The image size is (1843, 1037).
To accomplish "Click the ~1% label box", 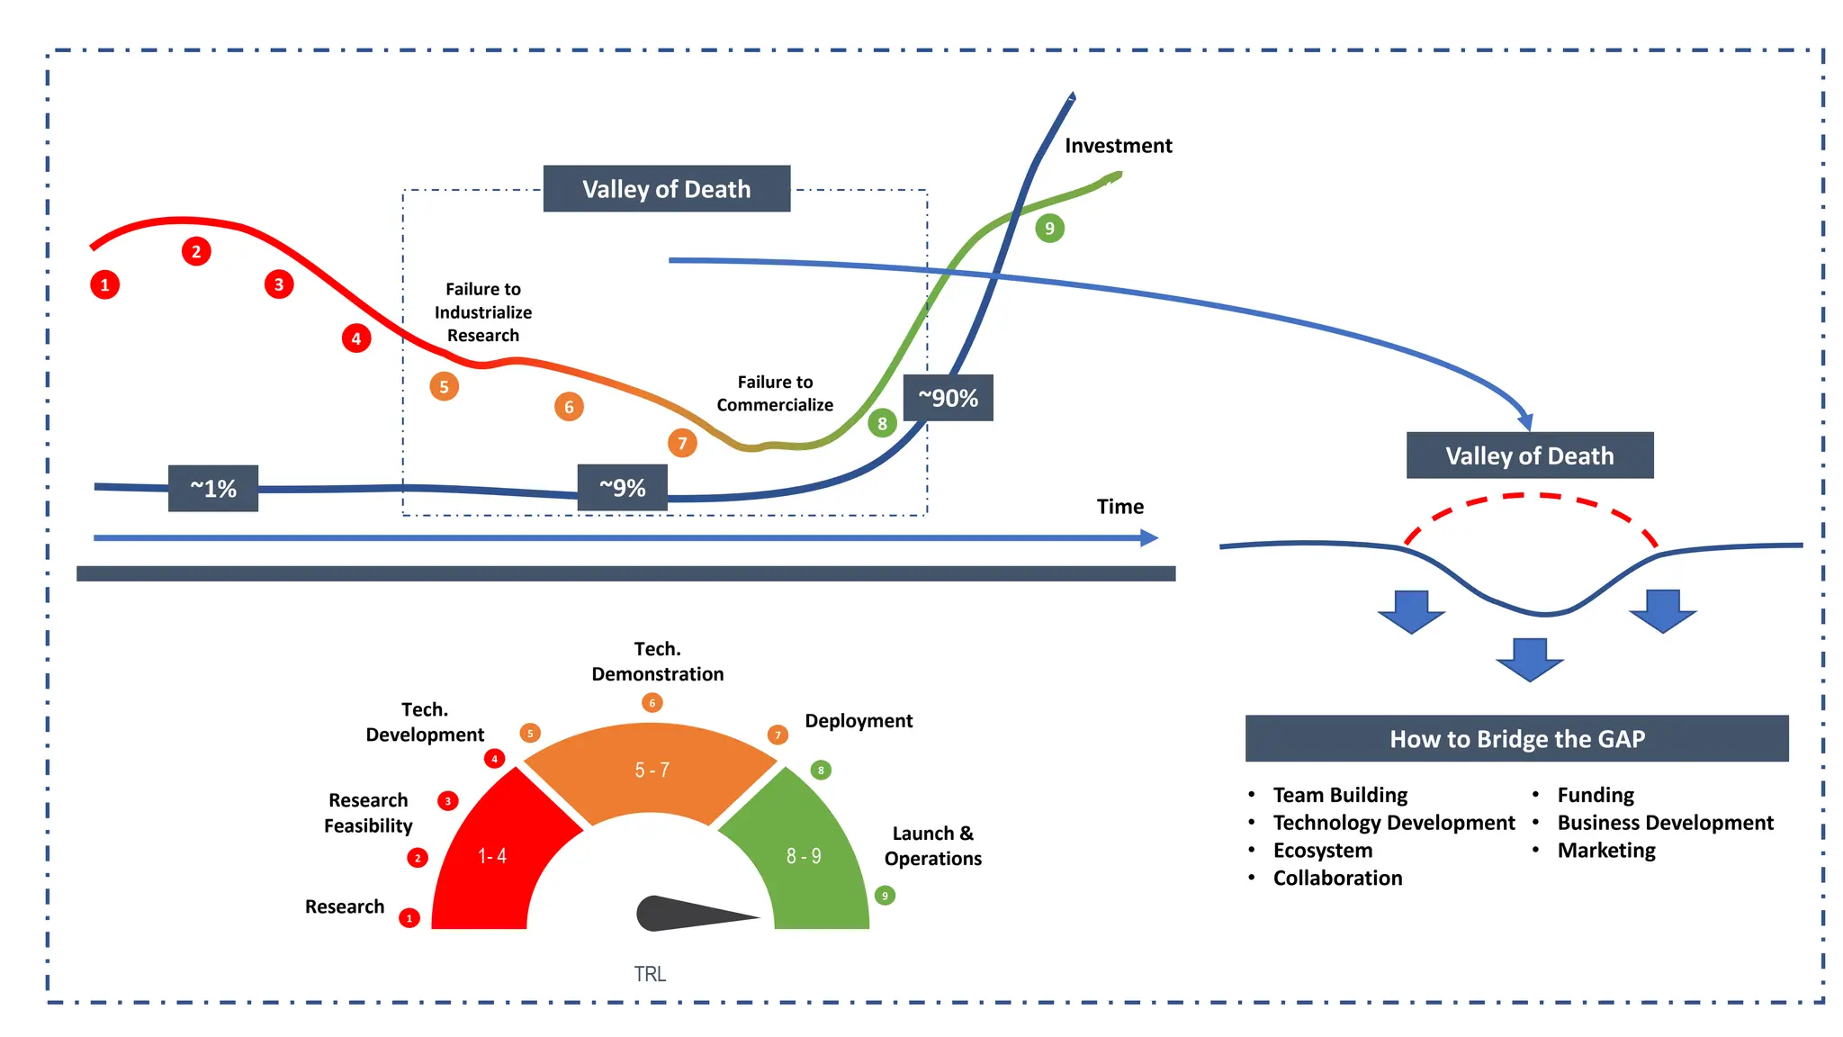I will (x=213, y=488).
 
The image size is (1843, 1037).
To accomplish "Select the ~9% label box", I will (x=623, y=488).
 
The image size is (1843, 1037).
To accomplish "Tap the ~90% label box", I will (x=948, y=398).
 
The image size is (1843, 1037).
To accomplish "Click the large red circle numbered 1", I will (x=105, y=285).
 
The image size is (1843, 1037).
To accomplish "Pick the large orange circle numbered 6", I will (x=569, y=407).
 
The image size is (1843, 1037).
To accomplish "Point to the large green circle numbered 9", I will (x=1049, y=228).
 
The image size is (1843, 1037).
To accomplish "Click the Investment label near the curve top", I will (x=1118, y=146).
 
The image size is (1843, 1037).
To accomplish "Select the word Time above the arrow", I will (x=1119, y=507).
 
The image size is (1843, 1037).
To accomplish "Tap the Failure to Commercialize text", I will (x=775, y=393).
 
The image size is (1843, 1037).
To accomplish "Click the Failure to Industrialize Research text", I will (x=483, y=312).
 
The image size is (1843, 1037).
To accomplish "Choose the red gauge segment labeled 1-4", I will (x=490, y=855).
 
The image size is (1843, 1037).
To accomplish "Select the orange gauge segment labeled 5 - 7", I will (x=651, y=770).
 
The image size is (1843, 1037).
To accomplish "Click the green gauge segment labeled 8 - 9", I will (x=804, y=855).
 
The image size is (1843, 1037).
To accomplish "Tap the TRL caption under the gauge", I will (x=650, y=974).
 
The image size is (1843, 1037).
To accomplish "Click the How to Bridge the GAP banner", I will (x=1516, y=739).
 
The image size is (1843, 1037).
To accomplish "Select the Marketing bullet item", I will (x=1606, y=851).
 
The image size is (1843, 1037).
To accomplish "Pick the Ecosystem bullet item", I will (x=1322, y=851).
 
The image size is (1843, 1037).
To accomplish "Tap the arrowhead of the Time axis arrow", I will (x=1150, y=538).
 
